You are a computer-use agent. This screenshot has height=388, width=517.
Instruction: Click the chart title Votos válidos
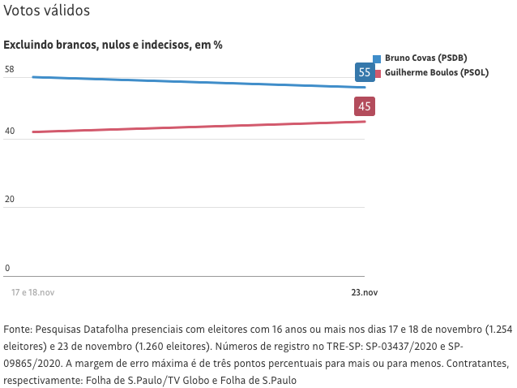coord(47,11)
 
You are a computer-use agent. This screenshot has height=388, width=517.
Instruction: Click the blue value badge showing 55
coord(365,72)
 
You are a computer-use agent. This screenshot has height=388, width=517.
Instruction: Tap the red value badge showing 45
coord(365,106)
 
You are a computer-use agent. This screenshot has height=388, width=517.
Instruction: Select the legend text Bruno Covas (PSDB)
coord(425,58)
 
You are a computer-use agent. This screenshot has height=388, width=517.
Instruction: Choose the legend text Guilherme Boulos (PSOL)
coord(436,72)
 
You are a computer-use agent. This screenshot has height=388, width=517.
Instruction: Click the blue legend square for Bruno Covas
coord(377,58)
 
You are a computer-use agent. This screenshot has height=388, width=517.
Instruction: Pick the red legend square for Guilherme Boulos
coord(377,73)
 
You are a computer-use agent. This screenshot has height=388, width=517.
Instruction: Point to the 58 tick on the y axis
coord(10,70)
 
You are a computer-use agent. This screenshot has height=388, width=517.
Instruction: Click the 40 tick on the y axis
coord(10,131)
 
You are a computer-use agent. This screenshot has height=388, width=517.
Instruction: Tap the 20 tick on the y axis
coord(10,200)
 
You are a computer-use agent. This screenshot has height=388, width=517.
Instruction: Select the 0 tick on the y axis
coord(7,268)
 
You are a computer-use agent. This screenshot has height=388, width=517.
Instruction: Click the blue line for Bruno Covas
coord(194,82)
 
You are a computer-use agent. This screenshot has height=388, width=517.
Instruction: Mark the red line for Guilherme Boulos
coord(194,127)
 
